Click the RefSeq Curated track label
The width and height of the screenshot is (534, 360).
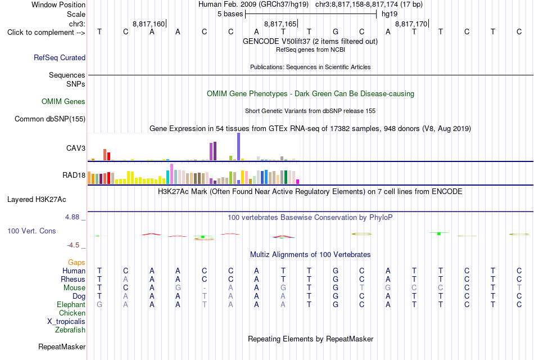point(59,57)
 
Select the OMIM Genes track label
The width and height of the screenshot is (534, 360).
point(64,102)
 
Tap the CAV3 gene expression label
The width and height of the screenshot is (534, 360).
point(76,148)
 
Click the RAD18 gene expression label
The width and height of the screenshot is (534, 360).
point(74,175)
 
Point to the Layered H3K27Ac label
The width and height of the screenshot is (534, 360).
point(37,200)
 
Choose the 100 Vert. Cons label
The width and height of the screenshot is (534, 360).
point(31,231)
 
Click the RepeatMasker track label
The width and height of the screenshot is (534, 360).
point(62,346)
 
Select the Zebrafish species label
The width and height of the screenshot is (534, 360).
point(70,330)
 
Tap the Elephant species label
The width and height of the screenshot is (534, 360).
point(71,304)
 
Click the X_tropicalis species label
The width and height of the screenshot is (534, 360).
point(66,322)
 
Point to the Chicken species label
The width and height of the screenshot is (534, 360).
point(72,313)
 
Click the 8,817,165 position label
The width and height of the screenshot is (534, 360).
point(280,24)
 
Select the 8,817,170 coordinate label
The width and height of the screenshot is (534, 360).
point(411,24)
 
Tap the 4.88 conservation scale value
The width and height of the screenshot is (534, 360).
point(72,217)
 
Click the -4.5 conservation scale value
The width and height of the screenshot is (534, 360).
point(73,245)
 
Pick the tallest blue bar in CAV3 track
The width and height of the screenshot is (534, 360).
point(239,146)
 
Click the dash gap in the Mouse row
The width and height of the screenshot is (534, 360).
point(205,289)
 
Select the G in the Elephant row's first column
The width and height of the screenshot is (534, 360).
point(99,304)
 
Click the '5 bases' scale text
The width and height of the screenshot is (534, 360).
point(230,14)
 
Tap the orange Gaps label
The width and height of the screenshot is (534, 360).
point(76,263)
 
